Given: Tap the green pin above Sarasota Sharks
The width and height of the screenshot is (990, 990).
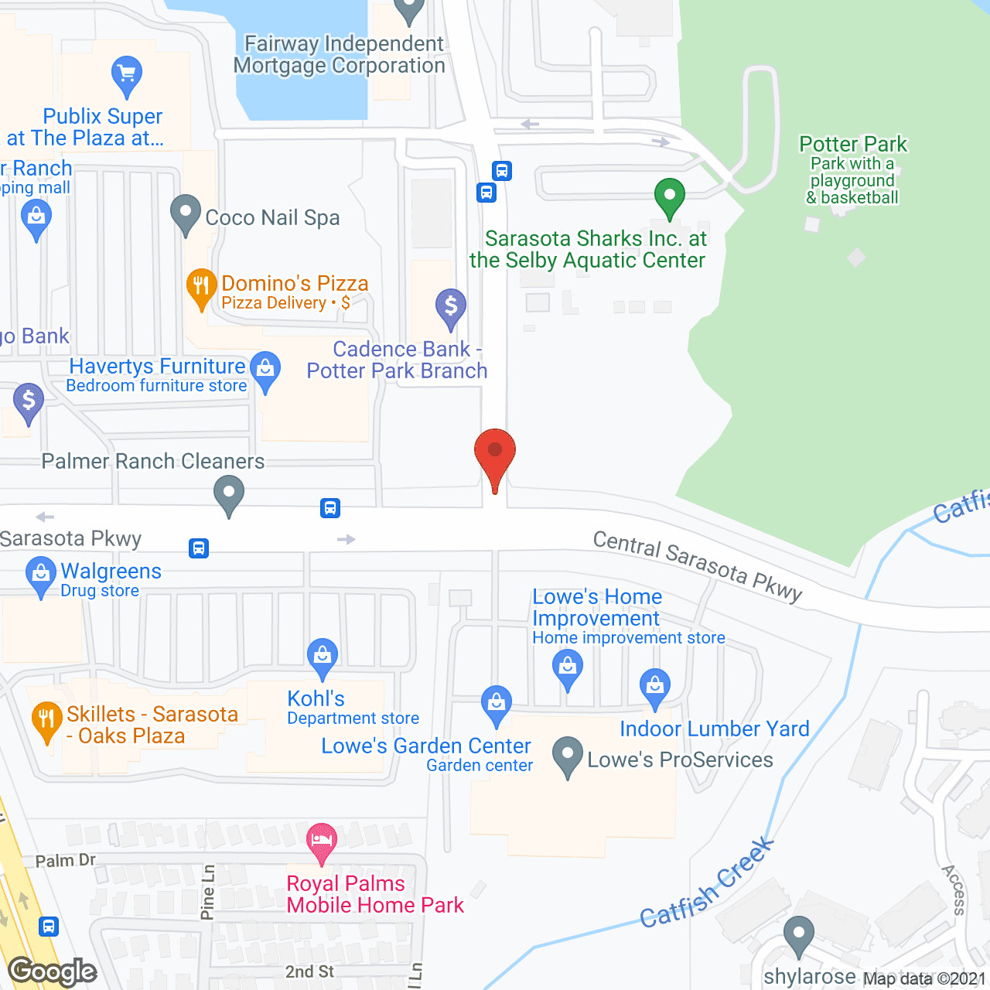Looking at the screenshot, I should tap(670, 196).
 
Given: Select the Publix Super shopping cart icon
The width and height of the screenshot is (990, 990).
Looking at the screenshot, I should tap(126, 75).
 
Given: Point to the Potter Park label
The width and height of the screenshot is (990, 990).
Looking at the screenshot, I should tap(853, 145).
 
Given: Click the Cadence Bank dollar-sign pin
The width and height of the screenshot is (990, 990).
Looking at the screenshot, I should tap(451, 307).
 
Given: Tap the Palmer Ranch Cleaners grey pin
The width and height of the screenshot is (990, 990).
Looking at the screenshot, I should tap(229, 493).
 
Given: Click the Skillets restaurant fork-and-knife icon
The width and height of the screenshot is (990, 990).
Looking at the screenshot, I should tap(47, 719).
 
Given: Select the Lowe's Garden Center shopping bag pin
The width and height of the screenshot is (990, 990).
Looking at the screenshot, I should tap(496, 703).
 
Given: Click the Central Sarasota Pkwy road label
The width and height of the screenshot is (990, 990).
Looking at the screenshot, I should tap(698, 566).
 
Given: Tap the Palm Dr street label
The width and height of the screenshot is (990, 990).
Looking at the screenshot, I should tap(66, 861).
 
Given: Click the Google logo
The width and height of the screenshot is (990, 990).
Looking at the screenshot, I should tap(53, 971).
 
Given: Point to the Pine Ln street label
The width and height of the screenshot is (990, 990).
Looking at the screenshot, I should tap(208, 893).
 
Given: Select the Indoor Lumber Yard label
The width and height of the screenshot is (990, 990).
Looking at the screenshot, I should tap(715, 729).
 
